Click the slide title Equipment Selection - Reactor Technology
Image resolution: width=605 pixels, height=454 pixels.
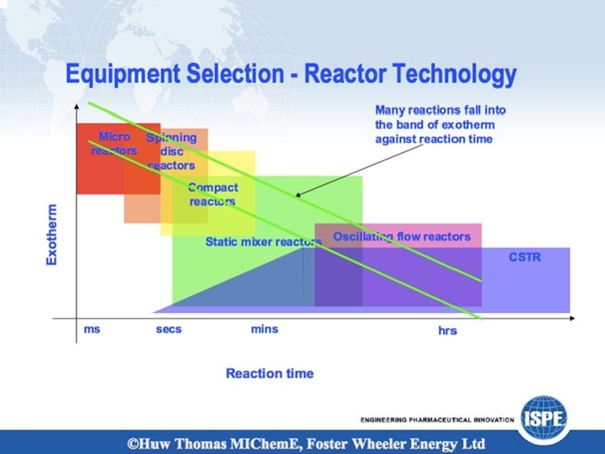(291, 76)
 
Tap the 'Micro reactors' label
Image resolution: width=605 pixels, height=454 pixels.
(114, 143)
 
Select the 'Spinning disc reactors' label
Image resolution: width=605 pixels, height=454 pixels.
(171, 151)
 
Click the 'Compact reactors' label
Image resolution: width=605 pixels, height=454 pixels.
(213, 194)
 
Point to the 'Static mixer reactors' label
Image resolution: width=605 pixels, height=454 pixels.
(263, 242)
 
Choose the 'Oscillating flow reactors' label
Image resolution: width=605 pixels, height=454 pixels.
(402, 236)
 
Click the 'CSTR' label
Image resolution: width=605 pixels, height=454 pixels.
(524, 257)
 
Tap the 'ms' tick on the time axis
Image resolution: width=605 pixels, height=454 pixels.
(92, 329)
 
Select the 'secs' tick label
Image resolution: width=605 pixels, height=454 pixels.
(168, 329)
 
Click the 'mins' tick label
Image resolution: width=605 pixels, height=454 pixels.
(264, 329)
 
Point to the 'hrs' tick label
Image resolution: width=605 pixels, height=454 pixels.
(447, 331)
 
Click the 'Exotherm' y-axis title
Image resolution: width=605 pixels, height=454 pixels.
(52, 235)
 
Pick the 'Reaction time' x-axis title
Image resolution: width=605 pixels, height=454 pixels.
(269, 373)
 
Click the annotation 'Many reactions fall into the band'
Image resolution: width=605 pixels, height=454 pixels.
(440, 124)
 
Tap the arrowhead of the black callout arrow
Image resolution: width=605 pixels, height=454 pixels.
(298, 195)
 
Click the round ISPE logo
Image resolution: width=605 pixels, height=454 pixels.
(544, 414)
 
